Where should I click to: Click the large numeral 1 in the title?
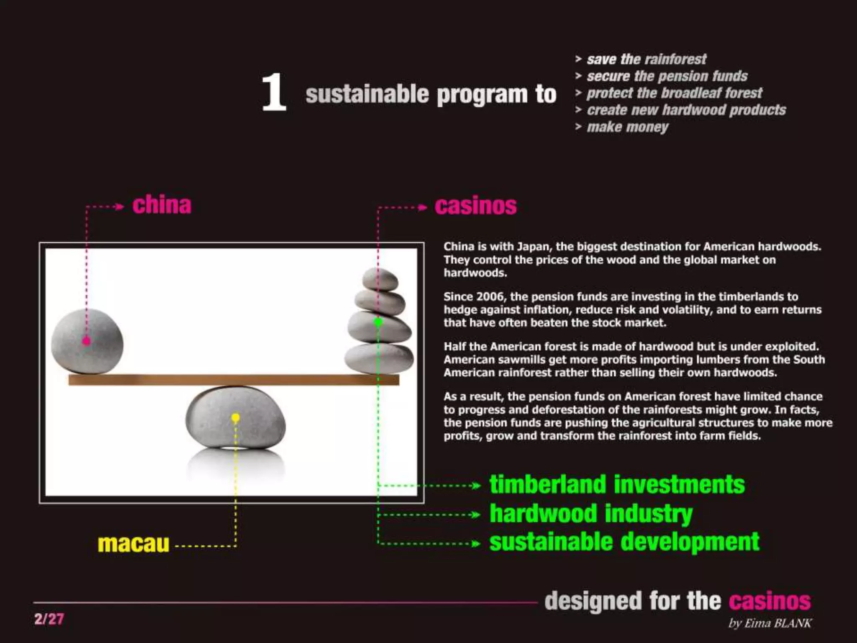pos(274,93)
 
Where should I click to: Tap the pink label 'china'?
pos(162,205)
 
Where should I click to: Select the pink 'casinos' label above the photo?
pos(476,206)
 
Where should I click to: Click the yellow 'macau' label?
pos(133,544)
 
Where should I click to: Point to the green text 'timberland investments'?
pos(617,484)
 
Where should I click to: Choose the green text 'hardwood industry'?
pos(591,514)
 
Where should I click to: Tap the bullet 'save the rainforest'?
pos(647,59)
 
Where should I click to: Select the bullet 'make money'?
pos(627,127)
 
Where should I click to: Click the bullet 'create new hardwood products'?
pos(686,110)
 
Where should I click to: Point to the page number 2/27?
pos(49,619)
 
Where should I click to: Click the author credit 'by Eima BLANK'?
pos(770,623)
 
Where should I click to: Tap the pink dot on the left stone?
pos(86,341)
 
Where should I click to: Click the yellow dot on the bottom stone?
pos(236,417)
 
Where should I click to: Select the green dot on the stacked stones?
pos(378,321)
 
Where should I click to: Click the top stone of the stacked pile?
pos(380,278)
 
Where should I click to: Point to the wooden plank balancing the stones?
pos(234,380)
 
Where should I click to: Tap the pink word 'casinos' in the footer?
pos(770,601)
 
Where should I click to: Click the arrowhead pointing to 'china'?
pos(120,206)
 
